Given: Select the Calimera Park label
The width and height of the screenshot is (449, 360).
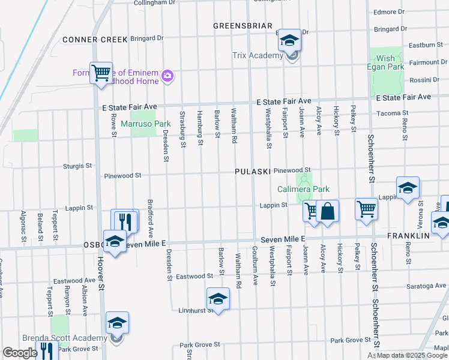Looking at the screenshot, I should click(303, 189).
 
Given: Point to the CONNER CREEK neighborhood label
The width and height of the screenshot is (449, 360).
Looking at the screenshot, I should click(95, 40).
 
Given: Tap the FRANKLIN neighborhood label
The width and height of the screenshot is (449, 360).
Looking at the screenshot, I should click(409, 236).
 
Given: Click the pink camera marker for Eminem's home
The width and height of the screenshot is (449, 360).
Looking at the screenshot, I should click(167, 76).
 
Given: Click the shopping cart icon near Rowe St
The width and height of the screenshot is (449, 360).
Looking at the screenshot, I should click(101, 73).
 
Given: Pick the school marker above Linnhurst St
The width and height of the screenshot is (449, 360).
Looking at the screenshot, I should click(218, 299).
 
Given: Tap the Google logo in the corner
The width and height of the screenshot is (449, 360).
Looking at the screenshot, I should click(20, 353).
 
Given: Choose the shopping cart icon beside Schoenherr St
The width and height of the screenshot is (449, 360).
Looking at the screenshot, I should click(366, 210).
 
